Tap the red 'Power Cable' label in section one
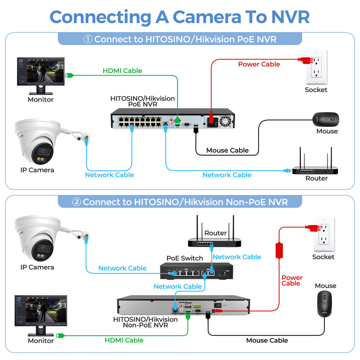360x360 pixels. tap(259, 64)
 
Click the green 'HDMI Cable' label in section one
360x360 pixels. tap(122, 71)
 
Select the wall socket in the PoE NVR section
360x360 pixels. tap(316, 65)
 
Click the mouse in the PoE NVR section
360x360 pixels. tap(326, 118)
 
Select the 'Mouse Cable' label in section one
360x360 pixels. tap(227, 150)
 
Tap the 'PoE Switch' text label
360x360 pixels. tap(185, 258)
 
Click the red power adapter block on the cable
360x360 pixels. tap(279, 250)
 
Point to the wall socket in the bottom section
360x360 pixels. tap(323, 234)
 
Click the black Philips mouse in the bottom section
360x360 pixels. tap(325, 304)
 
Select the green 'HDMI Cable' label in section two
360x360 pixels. tap(124, 340)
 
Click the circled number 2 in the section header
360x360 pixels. tap(76, 202)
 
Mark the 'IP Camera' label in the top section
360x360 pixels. tap(37, 170)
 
